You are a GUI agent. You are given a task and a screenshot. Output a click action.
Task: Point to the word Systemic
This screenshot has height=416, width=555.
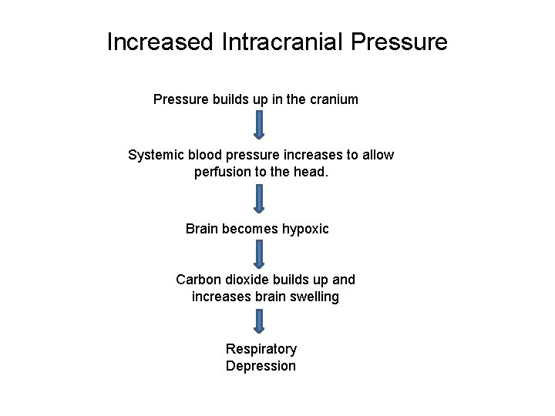tap(156, 155)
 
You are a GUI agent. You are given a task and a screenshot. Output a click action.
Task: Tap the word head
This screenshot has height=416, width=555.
tap(311, 172)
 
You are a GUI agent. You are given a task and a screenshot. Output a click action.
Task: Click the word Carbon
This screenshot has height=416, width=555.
tap(197, 280)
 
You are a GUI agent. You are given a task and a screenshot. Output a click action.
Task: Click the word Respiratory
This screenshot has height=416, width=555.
tap(261, 349)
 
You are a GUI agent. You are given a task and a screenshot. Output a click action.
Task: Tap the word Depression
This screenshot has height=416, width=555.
tap(261, 366)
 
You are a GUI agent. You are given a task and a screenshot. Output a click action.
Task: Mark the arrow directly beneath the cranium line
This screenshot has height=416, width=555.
tap(259, 126)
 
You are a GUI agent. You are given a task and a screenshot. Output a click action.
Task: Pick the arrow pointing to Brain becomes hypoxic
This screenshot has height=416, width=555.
tap(259, 198)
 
